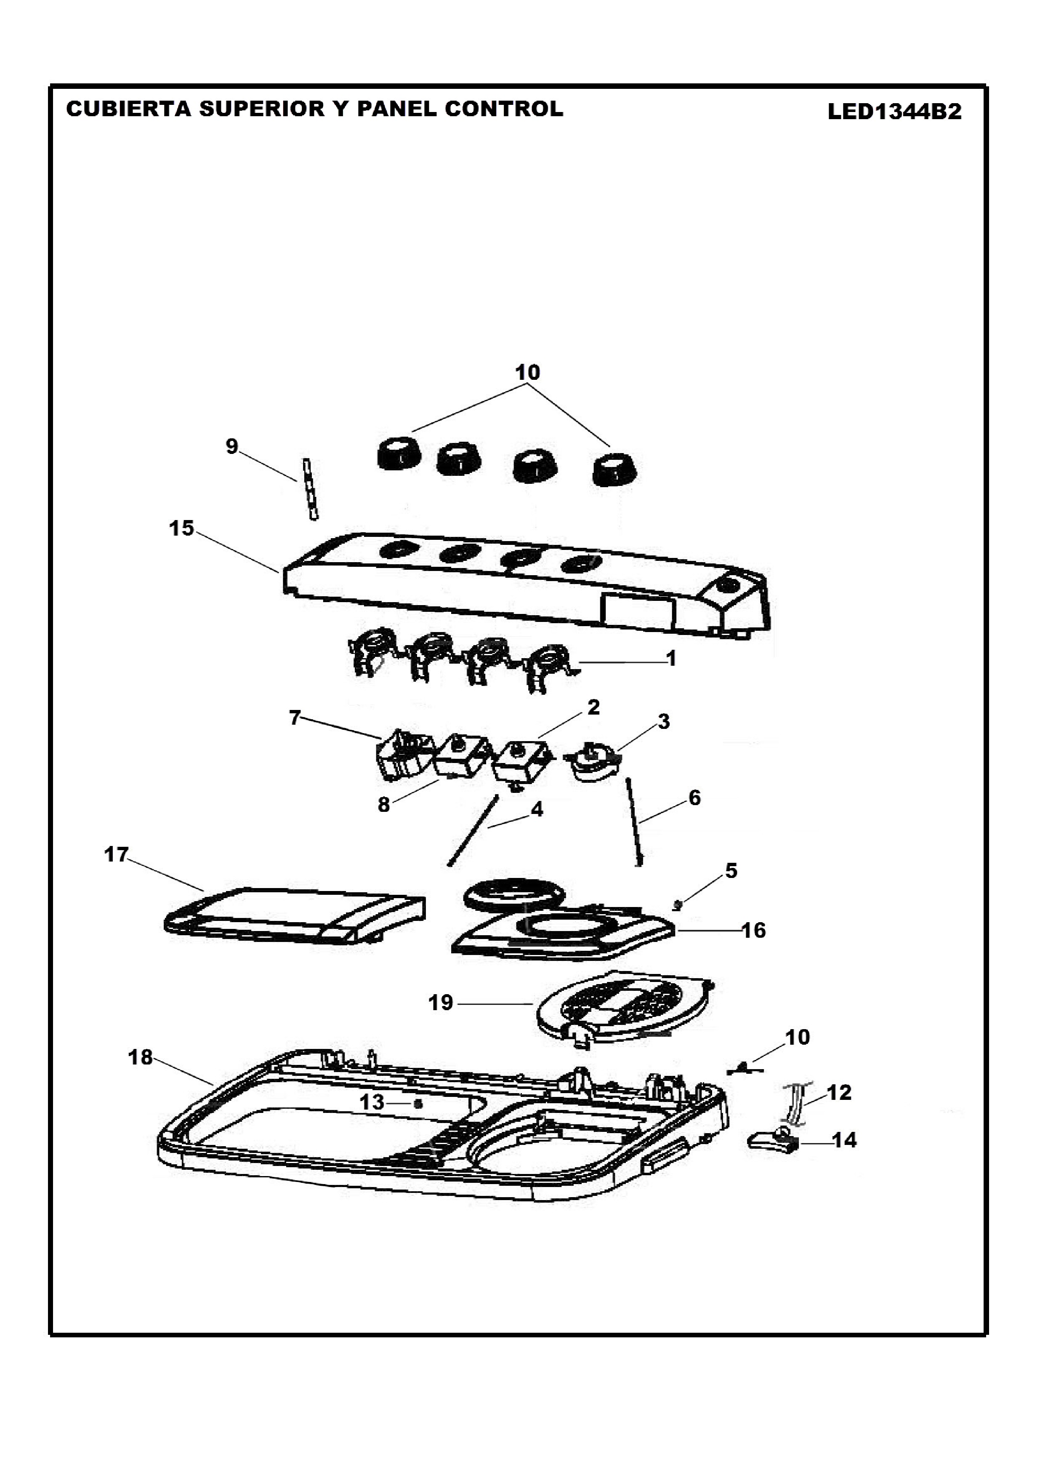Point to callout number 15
click(181, 528)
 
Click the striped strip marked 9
click(310, 489)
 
